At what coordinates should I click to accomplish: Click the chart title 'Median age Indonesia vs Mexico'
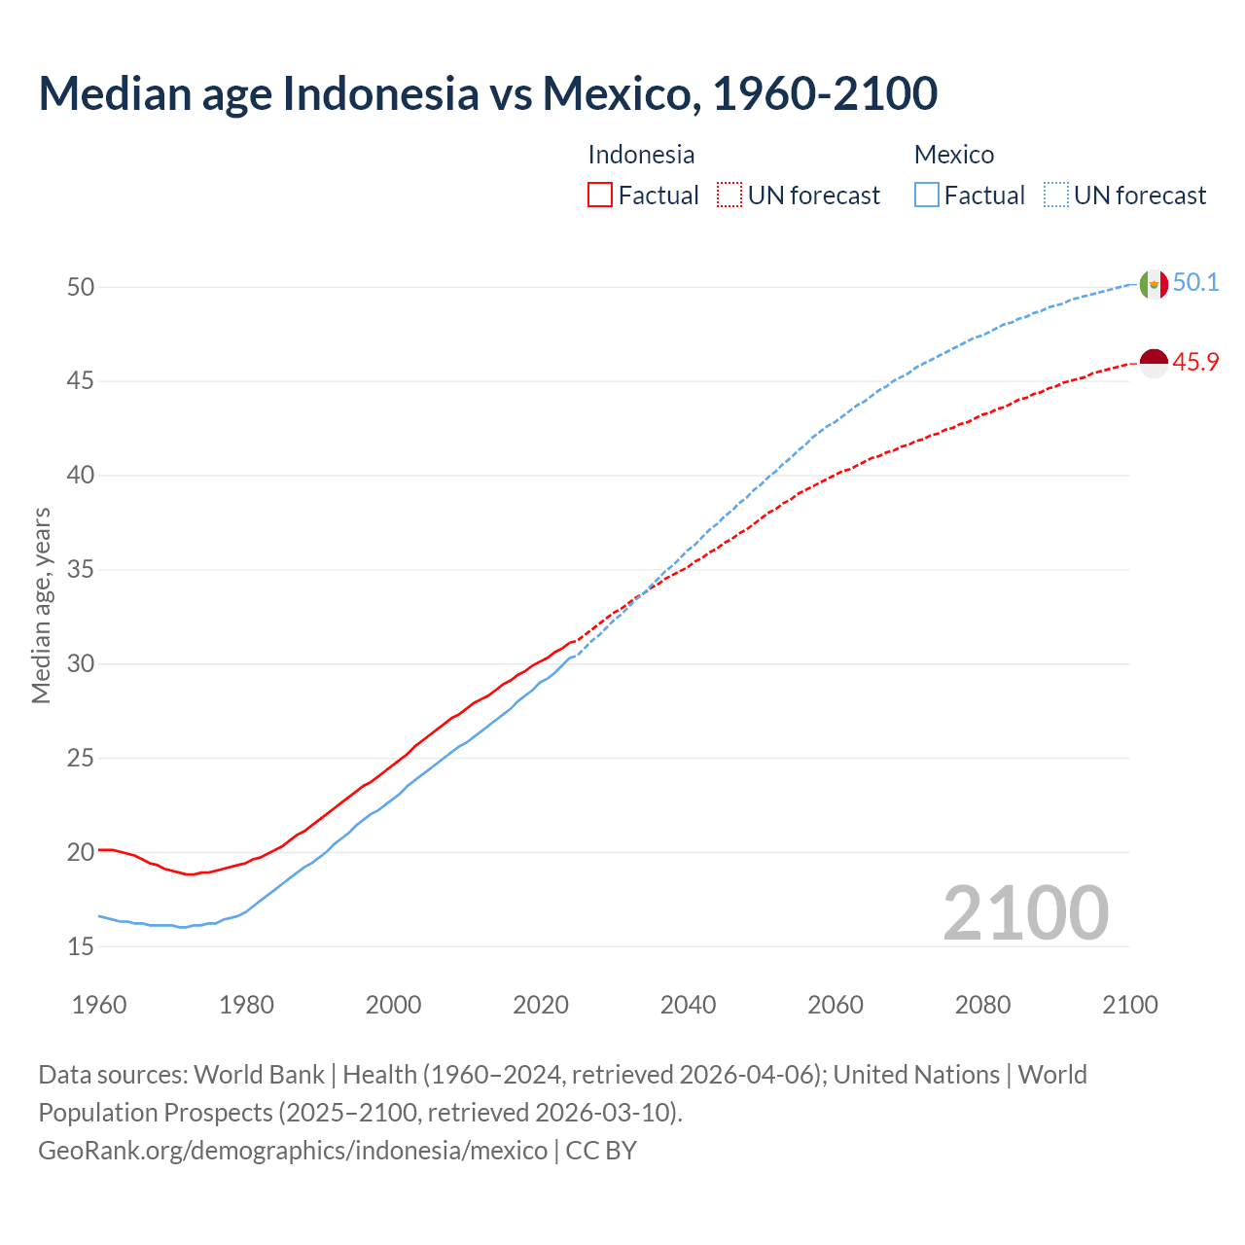(487, 93)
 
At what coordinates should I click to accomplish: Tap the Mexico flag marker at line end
(1154, 284)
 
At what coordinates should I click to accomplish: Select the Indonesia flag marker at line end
(1154, 363)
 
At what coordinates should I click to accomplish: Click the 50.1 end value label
(1195, 283)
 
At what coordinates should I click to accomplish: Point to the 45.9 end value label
(1195, 363)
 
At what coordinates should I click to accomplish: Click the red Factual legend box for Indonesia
(600, 196)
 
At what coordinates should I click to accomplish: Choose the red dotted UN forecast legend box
(729, 196)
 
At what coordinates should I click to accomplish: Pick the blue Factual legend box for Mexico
(927, 196)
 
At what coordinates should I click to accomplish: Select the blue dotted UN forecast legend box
(1056, 196)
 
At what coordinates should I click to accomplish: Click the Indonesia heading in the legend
(641, 155)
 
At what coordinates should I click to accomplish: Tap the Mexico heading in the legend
(953, 155)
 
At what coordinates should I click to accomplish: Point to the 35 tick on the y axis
(81, 569)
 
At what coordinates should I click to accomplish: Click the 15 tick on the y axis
(81, 946)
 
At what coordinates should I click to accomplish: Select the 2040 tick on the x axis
(688, 1005)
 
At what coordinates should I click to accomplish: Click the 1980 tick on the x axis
(246, 1005)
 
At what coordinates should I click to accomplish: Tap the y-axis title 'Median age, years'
(41, 605)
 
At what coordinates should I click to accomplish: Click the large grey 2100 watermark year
(1025, 912)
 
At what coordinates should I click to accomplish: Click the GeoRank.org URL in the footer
(293, 1151)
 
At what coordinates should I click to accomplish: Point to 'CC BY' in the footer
(601, 1151)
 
